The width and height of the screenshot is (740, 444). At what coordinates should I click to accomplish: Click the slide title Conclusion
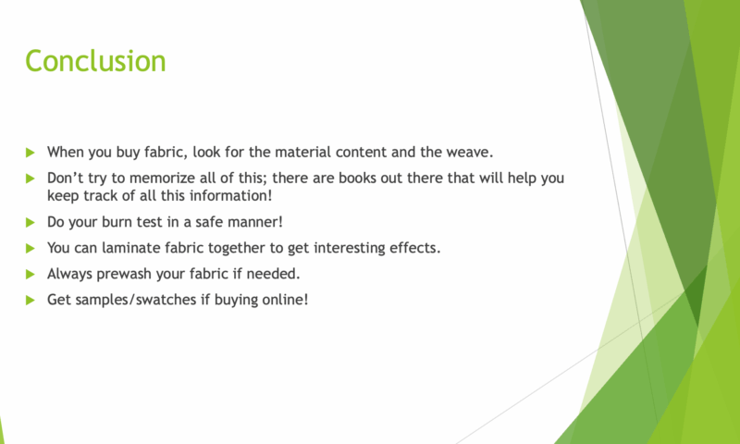[95, 61]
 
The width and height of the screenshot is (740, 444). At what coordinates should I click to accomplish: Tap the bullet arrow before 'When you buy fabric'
[31, 153]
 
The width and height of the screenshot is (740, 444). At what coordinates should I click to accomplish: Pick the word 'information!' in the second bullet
[230, 195]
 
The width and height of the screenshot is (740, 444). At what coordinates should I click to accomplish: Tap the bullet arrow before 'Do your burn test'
[31, 222]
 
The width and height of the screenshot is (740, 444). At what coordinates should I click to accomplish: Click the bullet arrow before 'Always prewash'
[31, 274]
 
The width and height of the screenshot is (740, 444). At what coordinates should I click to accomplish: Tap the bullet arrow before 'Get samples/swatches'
[31, 300]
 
